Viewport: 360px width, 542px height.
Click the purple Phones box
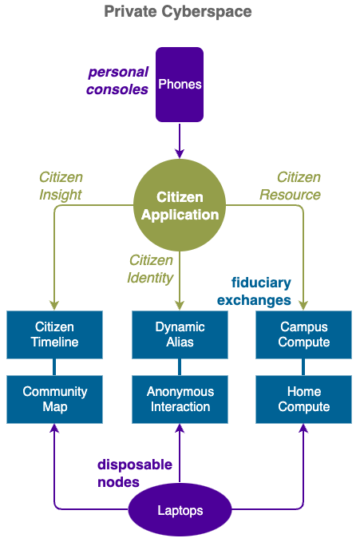point(180,85)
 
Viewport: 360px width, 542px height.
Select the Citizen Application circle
point(180,205)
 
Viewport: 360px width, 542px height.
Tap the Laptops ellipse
point(180,510)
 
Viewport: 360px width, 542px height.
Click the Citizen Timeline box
point(54,334)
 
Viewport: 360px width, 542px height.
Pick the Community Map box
point(54,399)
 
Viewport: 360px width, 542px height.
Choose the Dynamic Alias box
point(180,334)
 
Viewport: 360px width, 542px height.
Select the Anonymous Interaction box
point(180,399)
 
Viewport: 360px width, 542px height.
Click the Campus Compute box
point(303,334)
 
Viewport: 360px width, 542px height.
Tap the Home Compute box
point(303,399)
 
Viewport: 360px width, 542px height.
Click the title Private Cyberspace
point(178,12)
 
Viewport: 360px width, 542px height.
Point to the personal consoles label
point(117,81)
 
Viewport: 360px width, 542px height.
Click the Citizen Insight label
point(61,186)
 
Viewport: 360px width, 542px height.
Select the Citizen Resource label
point(290,186)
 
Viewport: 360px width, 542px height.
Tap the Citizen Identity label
point(150,269)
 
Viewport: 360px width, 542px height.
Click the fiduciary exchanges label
point(254,291)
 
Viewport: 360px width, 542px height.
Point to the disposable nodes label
point(135,473)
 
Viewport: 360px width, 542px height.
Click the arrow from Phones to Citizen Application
point(180,140)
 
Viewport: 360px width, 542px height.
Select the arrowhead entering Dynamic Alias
point(180,306)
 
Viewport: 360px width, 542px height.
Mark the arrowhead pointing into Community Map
point(54,429)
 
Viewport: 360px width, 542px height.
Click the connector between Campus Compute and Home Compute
point(303,367)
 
